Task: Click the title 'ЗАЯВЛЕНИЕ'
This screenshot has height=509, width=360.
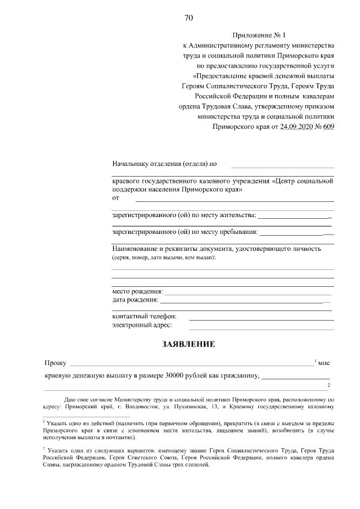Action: pyautogui.click(x=188, y=344)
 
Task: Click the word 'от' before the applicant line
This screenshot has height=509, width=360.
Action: pyautogui.click(x=116, y=198)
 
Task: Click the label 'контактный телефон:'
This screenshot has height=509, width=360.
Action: pyautogui.click(x=145, y=316)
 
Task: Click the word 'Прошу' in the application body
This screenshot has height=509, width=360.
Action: pyautogui.click(x=55, y=363)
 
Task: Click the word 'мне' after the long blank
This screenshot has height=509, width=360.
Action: pyautogui.click(x=324, y=363)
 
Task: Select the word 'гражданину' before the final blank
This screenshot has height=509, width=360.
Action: pyautogui.click(x=238, y=375)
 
